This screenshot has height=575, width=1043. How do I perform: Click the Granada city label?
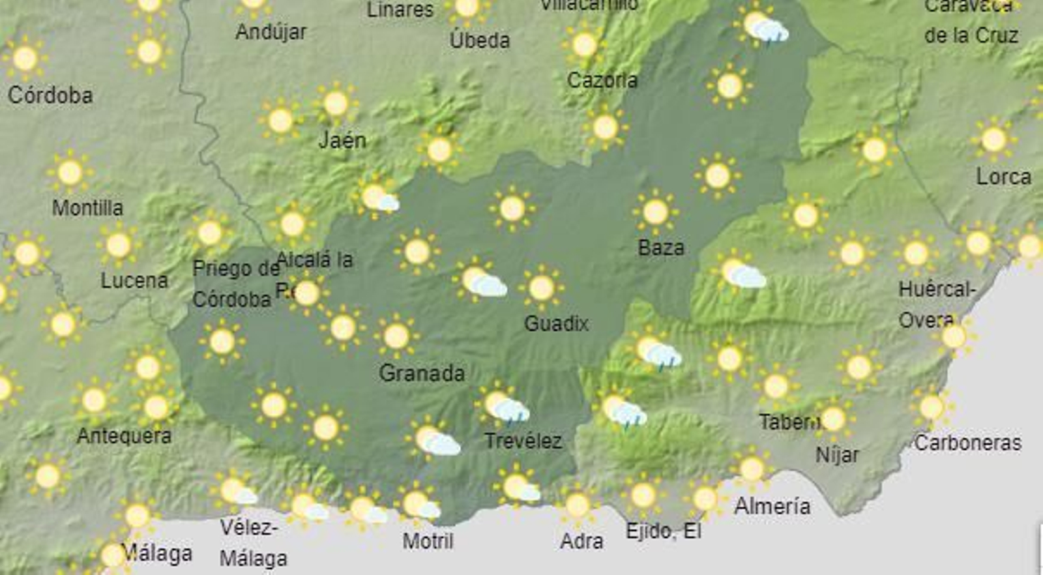[422, 373]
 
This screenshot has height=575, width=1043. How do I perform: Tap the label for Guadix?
[556, 323]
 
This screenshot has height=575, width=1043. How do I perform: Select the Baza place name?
[661, 248]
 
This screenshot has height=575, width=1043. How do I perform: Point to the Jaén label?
[342, 140]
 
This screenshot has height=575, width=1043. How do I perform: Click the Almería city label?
[772, 506]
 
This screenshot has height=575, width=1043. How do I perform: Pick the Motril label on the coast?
[428, 540]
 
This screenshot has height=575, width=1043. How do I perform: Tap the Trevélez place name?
[523, 441]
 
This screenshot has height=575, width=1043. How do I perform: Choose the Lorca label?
[1003, 177]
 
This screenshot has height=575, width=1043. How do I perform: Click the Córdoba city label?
[50, 95]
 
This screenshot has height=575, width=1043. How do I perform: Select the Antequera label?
[124, 435]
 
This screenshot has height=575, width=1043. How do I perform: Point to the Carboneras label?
[967, 443]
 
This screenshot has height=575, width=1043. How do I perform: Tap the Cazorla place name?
[602, 80]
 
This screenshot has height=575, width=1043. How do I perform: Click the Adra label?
[581, 541]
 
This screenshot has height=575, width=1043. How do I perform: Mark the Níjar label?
[837, 454]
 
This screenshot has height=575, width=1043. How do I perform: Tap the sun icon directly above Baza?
[655, 212]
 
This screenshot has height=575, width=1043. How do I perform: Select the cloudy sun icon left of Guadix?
[480, 282]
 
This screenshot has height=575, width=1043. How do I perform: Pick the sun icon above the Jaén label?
[335, 103]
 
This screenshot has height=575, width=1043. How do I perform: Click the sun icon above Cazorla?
[584, 44]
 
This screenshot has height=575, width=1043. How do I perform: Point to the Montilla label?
[87, 208]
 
